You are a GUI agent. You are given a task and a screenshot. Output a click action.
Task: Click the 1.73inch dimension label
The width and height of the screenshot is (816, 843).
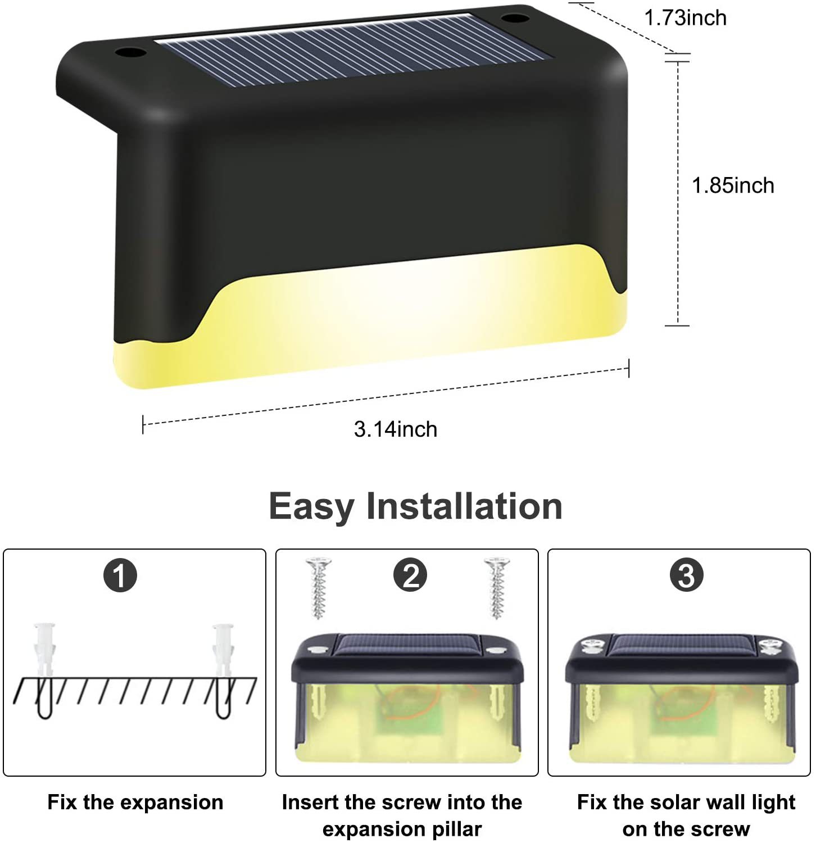[x=685, y=18]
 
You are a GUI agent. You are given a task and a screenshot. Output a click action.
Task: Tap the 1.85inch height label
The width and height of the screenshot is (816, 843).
[x=733, y=185]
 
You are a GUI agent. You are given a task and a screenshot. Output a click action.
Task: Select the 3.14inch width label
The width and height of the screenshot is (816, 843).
[x=396, y=429]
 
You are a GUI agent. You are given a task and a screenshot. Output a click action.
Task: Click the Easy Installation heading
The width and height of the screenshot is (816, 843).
[x=415, y=506]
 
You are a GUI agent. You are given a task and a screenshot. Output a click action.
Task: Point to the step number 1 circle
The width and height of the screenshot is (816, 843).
[x=120, y=575]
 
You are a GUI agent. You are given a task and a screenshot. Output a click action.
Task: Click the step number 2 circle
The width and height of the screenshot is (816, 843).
[x=410, y=575]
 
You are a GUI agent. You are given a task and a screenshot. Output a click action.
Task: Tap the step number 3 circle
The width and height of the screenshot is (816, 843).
[x=687, y=575]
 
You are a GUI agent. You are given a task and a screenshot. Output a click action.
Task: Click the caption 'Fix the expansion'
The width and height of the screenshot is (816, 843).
[x=135, y=803]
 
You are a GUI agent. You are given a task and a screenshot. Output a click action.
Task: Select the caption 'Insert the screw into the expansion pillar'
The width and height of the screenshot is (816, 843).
[x=402, y=815]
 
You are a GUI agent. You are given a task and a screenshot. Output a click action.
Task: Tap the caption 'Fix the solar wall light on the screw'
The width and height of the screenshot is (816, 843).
[x=686, y=815]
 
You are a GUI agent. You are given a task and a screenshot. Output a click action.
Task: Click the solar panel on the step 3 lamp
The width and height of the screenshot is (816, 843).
[x=681, y=645]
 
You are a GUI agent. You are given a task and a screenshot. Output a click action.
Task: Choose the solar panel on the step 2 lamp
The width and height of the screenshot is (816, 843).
[x=407, y=645]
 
